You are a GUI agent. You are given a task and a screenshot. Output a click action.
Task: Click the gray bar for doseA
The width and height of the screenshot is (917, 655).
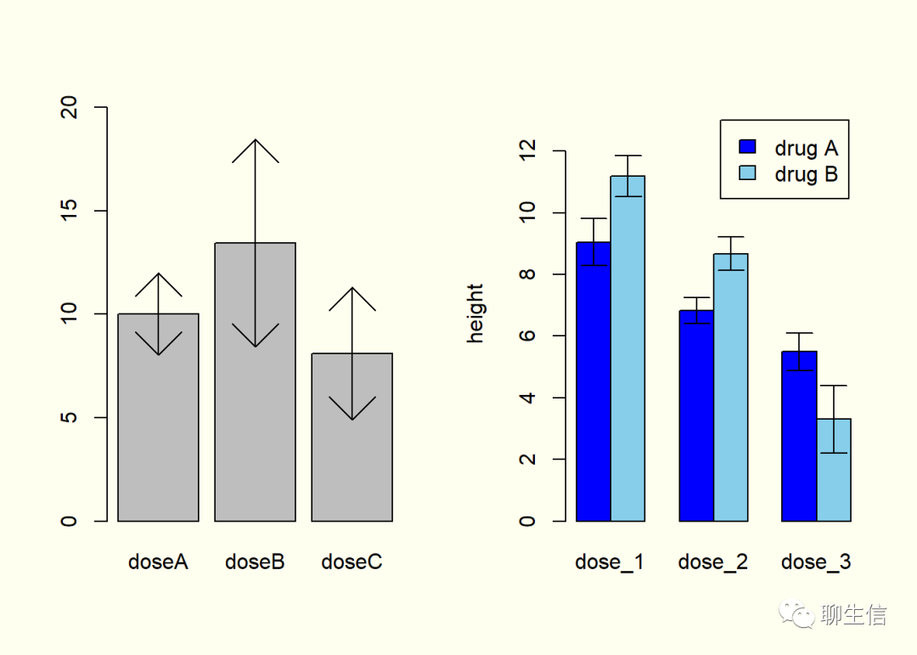158,425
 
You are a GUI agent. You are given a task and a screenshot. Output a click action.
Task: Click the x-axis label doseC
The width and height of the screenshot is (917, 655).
352,562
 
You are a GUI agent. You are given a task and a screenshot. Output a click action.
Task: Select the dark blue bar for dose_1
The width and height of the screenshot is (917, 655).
594,382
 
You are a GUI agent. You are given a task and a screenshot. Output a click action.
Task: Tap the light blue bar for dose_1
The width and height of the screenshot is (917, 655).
628,357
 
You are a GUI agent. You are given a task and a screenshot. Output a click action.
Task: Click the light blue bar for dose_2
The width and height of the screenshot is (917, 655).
731,391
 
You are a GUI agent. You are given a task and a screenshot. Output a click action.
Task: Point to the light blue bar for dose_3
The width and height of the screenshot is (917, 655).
834,476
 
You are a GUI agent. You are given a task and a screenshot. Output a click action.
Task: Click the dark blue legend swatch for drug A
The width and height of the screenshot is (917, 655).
747,148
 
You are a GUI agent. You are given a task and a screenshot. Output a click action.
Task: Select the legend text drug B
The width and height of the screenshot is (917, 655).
806,174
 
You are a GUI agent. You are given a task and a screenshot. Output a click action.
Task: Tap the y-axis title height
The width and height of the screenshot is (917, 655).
475,313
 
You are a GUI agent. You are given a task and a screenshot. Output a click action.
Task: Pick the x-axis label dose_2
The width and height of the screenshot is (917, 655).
712,562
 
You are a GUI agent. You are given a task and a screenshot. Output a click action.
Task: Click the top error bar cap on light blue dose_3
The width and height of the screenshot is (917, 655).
834,386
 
